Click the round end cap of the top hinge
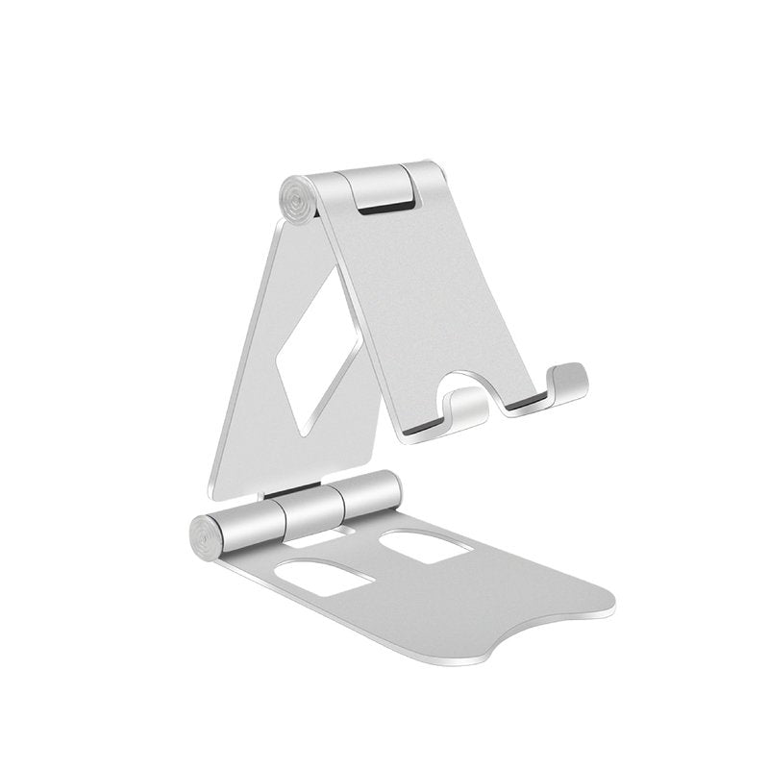(299, 200)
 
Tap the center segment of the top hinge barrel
(381, 182)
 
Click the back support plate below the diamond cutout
(288, 452)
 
